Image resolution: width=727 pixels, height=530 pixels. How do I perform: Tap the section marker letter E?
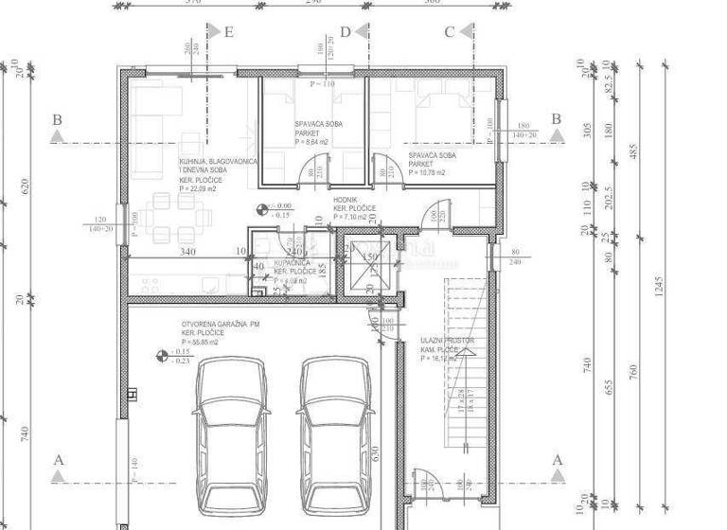point(228,31)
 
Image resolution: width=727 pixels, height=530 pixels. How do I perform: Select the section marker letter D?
point(346,31)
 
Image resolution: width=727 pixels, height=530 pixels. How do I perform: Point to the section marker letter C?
point(450,31)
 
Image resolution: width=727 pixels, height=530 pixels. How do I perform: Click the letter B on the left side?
point(58,120)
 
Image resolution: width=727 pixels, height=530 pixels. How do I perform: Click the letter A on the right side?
point(557,460)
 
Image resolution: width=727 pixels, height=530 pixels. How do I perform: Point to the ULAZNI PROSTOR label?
point(447,340)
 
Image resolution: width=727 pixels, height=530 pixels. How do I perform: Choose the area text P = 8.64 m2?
point(311,143)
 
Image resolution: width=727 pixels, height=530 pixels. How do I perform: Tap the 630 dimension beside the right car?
point(376,452)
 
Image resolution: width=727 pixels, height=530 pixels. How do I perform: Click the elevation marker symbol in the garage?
point(161,356)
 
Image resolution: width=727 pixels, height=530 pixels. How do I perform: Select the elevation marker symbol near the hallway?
point(261,209)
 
